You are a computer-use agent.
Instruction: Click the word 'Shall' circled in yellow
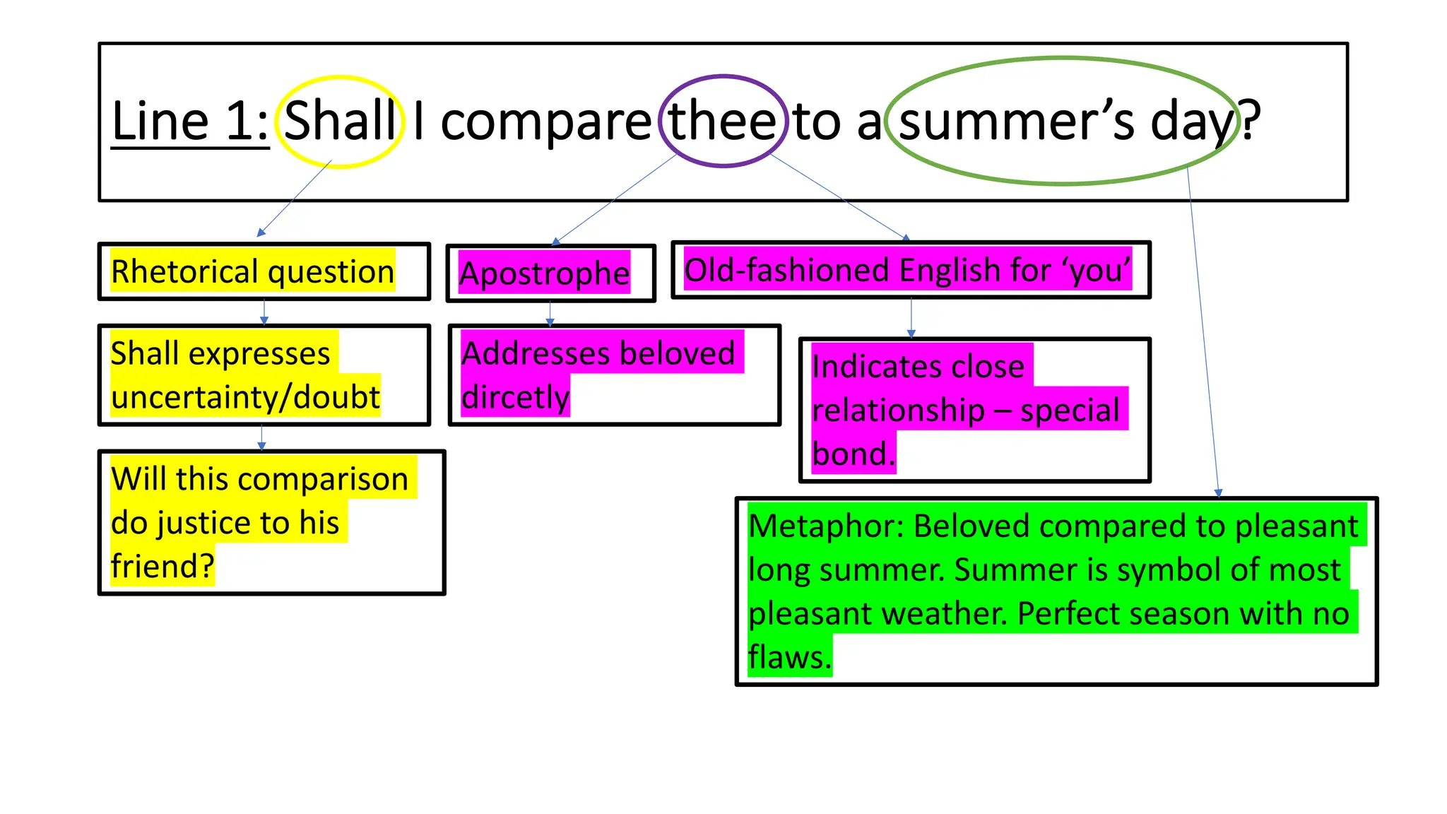(340, 121)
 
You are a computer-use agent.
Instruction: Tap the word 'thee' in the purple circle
(723, 121)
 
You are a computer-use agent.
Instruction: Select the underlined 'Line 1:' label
(190, 121)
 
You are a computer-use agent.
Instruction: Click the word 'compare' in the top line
(545, 122)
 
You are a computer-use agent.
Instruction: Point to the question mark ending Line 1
(1250, 121)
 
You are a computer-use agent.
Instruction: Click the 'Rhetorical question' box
(264, 272)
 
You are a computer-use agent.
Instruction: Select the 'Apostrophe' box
(550, 273)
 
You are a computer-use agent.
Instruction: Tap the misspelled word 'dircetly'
(515, 397)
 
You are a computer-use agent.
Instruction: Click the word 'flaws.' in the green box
(789, 657)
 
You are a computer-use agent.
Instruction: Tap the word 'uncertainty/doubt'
(245, 397)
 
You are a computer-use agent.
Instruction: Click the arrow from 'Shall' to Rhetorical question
(294, 199)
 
